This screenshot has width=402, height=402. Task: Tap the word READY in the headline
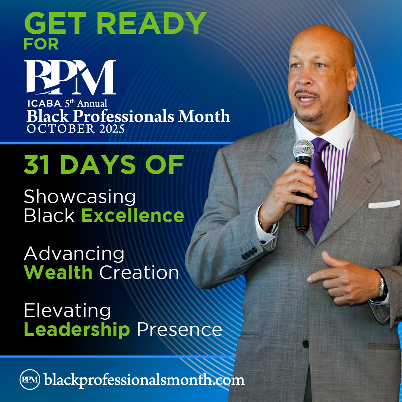(151, 23)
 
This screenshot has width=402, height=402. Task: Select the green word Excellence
(133, 216)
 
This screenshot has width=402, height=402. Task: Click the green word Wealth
(58, 272)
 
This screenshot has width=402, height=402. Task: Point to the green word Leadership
(77, 329)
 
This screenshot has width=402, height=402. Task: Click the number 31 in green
(36, 165)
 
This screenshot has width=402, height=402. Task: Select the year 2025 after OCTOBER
(112, 129)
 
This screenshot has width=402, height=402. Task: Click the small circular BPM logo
(30, 379)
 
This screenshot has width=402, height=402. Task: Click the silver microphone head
(304, 150)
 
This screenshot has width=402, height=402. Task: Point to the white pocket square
(384, 204)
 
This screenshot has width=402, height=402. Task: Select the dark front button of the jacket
(305, 344)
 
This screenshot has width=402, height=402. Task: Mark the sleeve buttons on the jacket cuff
(249, 253)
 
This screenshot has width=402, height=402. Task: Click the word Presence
(179, 330)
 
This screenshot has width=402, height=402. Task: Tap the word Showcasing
(80, 197)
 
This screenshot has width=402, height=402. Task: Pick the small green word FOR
(41, 44)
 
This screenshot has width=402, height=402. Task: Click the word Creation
(139, 272)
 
